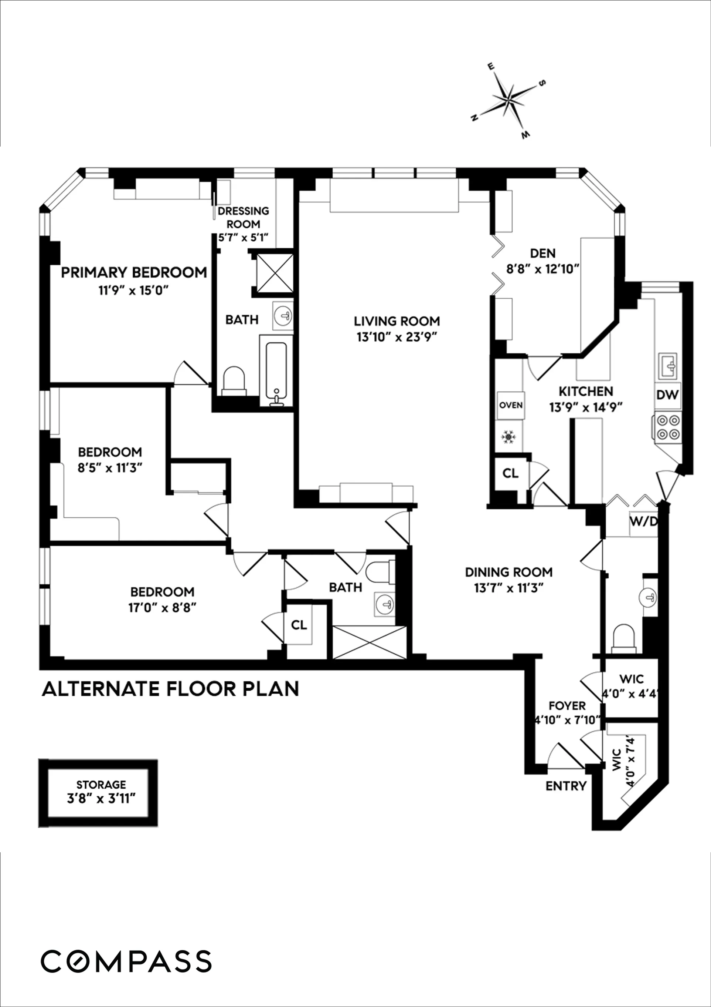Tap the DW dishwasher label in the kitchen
(x=667, y=395)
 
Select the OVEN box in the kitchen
(x=511, y=405)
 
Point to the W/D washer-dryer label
(x=643, y=521)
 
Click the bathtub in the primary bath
(x=276, y=370)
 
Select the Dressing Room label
(x=243, y=218)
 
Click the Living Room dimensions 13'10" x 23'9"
(x=397, y=337)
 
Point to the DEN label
(x=543, y=254)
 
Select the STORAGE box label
(x=101, y=785)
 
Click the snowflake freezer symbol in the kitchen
(x=508, y=437)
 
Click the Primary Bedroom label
(x=134, y=272)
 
